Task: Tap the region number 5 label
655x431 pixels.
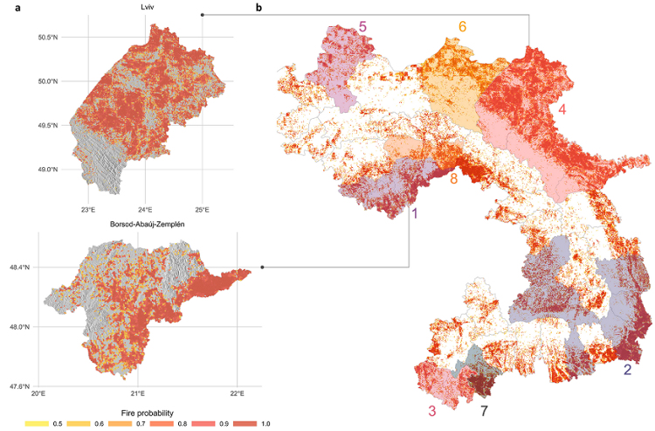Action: click(x=362, y=27)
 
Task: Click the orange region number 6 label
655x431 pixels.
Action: click(x=462, y=26)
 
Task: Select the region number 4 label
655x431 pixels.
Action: click(x=563, y=110)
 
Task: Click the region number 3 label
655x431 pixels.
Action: click(x=431, y=412)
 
